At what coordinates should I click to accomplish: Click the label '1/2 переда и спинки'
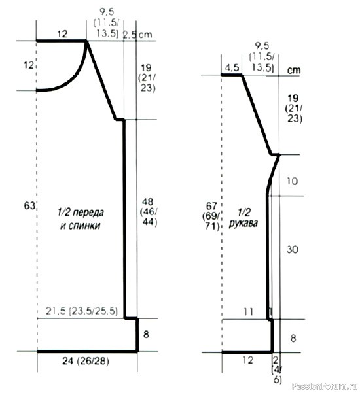click(81, 219)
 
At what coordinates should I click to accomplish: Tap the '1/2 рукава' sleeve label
click(243, 218)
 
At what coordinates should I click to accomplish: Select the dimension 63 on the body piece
click(29, 206)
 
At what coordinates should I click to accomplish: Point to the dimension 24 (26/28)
click(85, 361)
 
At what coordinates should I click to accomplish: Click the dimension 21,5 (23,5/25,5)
click(82, 311)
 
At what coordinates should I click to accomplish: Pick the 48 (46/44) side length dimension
click(149, 212)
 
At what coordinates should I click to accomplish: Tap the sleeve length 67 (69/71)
click(211, 216)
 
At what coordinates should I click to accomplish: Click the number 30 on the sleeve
click(293, 250)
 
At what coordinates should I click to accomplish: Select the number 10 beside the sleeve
click(292, 181)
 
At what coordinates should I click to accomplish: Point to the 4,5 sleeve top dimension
click(232, 67)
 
